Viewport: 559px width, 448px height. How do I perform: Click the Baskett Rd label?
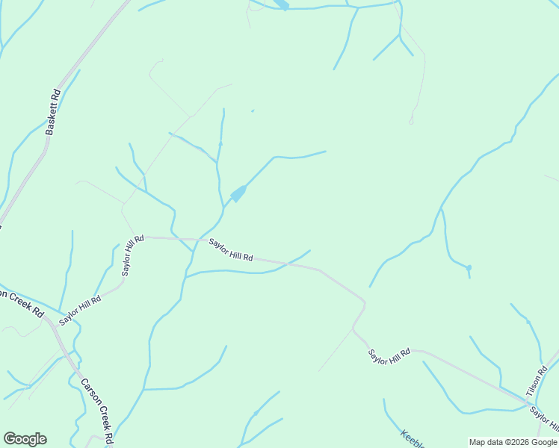coord(52,112)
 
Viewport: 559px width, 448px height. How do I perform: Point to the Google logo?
coord(25,439)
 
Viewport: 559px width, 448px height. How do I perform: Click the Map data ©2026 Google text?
coord(513,442)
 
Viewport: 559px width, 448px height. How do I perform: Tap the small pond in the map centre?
coord(238,194)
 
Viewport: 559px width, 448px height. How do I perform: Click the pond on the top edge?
coord(282,4)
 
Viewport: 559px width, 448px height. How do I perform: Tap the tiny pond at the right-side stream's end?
coord(469,267)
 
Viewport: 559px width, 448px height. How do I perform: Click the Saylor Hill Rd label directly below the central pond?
coord(230,250)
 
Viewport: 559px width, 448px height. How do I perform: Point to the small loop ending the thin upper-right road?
coord(411,119)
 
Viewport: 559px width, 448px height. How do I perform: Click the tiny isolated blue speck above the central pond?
coord(253,111)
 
